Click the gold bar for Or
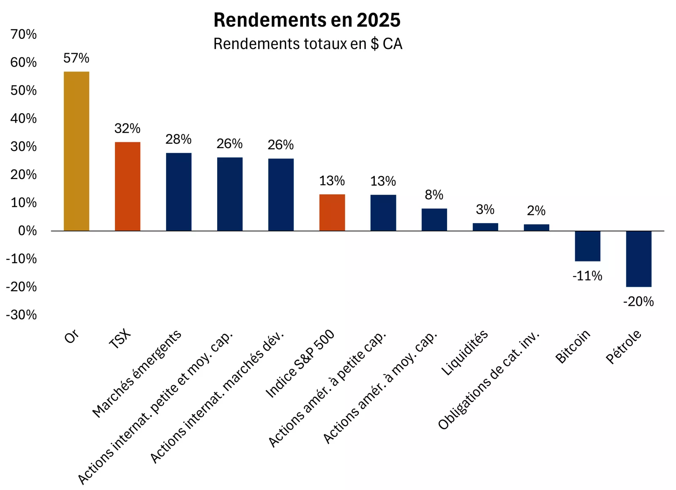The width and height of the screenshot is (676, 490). point(76,151)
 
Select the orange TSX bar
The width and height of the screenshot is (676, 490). point(128,186)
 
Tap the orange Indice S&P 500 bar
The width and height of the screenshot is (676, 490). point(332,212)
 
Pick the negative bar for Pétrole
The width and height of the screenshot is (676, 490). point(638,259)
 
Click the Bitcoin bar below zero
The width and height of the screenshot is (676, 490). point(587,246)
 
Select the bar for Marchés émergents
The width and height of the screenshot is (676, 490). point(179,192)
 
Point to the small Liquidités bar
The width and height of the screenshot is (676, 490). point(485,227)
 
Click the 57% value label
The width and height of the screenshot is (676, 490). point(76,58)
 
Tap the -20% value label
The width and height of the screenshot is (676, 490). point(638,302)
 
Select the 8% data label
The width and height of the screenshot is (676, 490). point(434,195)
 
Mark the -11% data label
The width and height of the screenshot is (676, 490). point(587,276)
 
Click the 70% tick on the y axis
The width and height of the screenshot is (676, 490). point(24,34)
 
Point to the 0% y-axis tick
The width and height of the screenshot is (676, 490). point(27,231)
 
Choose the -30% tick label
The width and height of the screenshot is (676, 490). point(22,315)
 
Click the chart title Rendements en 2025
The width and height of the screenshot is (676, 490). point(307,20)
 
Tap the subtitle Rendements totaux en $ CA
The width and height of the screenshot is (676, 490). point(308,44)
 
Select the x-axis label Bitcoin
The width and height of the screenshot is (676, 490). point(572,347)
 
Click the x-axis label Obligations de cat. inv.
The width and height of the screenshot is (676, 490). point(489,380)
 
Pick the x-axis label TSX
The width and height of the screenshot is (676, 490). point(120,339)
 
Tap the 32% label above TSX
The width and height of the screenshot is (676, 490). point(127,128)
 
